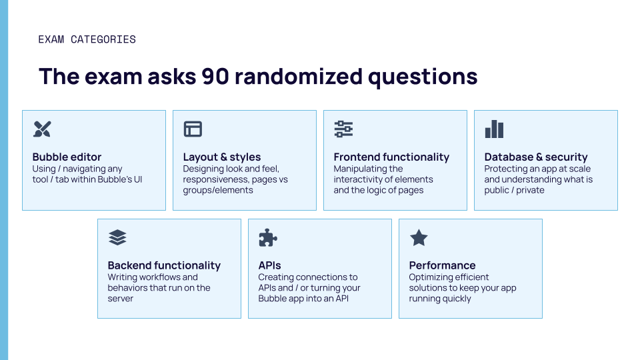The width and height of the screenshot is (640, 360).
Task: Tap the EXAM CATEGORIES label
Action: coord(87,39)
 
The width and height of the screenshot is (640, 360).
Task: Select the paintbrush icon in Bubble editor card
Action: coord(42,129)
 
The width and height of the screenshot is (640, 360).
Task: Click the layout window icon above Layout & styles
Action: coord(193,129)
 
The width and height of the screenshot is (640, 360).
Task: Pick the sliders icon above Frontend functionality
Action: coord(343,129)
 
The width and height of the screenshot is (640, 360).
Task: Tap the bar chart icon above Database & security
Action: coord(494,129)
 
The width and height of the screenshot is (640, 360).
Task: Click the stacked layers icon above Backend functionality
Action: coord(117,237)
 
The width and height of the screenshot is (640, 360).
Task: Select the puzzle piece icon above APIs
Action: coord(268,237)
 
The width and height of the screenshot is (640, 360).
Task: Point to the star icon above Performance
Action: coord(419,237)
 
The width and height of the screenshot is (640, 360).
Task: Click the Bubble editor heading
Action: coord(67,157)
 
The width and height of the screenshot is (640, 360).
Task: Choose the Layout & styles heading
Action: coord(222,157)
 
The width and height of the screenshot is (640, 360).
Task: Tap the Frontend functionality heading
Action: coord(391,157)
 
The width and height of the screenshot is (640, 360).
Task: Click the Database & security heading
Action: coord(536,157)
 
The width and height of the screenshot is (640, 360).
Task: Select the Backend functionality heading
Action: coord(164,265)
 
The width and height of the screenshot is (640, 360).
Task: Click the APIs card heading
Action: coord(270,265)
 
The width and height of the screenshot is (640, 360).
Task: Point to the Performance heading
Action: coord(442,265)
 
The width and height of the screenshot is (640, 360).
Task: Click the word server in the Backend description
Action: coord(121,299)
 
